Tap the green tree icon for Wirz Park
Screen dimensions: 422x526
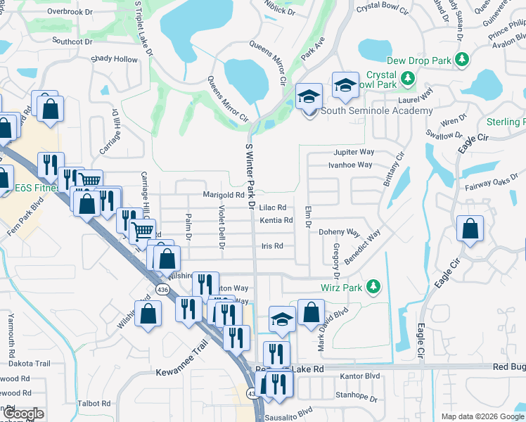pos(373,287)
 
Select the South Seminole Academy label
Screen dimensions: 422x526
pos(376,111)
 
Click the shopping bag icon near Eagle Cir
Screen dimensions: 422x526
pos(470,229)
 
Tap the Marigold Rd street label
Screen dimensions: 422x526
pos(223,195)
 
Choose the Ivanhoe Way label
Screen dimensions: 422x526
pos(350,165)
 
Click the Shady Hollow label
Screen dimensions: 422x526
pos(115,60)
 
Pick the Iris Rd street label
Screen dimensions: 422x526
pos(272,246)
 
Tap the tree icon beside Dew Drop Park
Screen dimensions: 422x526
pos(462,61)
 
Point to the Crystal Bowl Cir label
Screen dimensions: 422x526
pos(383,8)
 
